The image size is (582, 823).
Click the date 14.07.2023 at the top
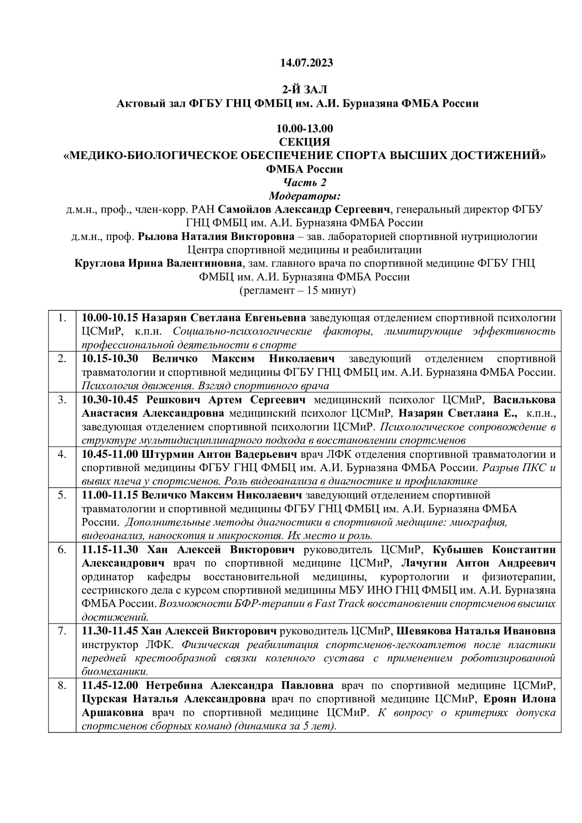click(306, 63)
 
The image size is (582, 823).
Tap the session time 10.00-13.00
click(305, 129)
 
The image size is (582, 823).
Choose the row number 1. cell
click(63, 318)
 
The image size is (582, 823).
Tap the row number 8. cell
click(63, 686)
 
